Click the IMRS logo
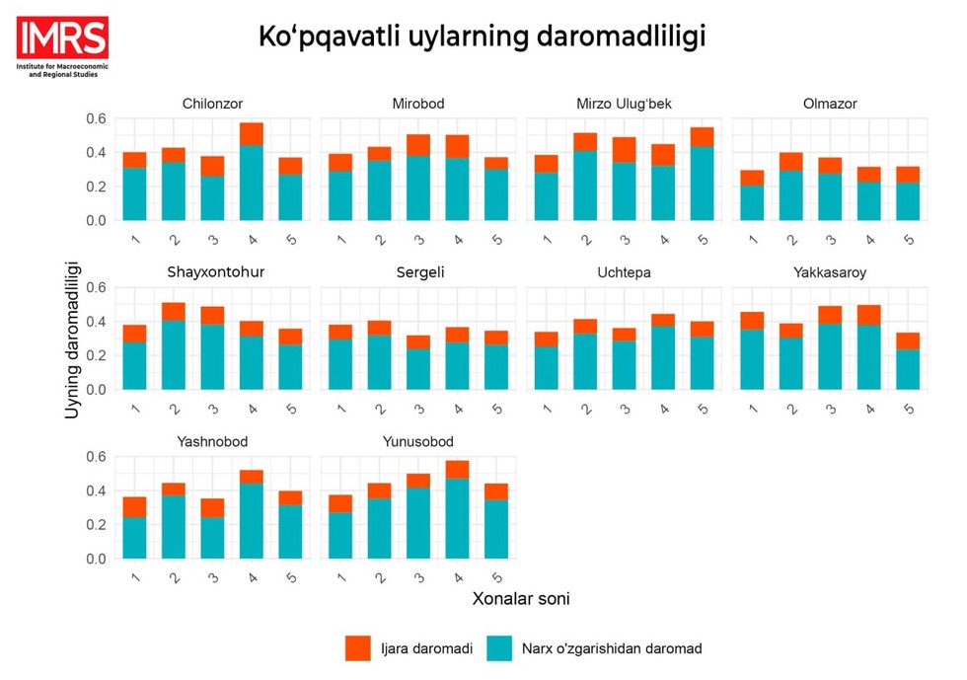[x=61, y=45]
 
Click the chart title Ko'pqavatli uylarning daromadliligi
[x=483, y=37]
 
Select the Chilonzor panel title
[x=212, y=104]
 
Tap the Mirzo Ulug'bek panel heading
[x=624, y=104]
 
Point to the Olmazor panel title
[x=830, y=104]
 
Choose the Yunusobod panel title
[x=419, y=442]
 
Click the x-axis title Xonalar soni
[x=521, y=598]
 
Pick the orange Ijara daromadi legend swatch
[x=358, y=648]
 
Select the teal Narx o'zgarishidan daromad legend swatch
[x=500, y=648]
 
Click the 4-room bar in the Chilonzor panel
[x=252, y=173]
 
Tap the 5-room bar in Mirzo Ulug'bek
[x=703, y=175]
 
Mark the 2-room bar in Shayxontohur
[x=174, y=346]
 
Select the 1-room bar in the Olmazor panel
[x=752, y=195]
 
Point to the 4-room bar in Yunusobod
[x=457, y=510]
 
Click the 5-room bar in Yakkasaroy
[x=908, y=361]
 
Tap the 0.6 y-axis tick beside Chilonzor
[x=97, y=118]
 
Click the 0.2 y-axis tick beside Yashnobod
[x=97, y=525]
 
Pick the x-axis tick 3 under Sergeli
[x=417, y=407]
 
